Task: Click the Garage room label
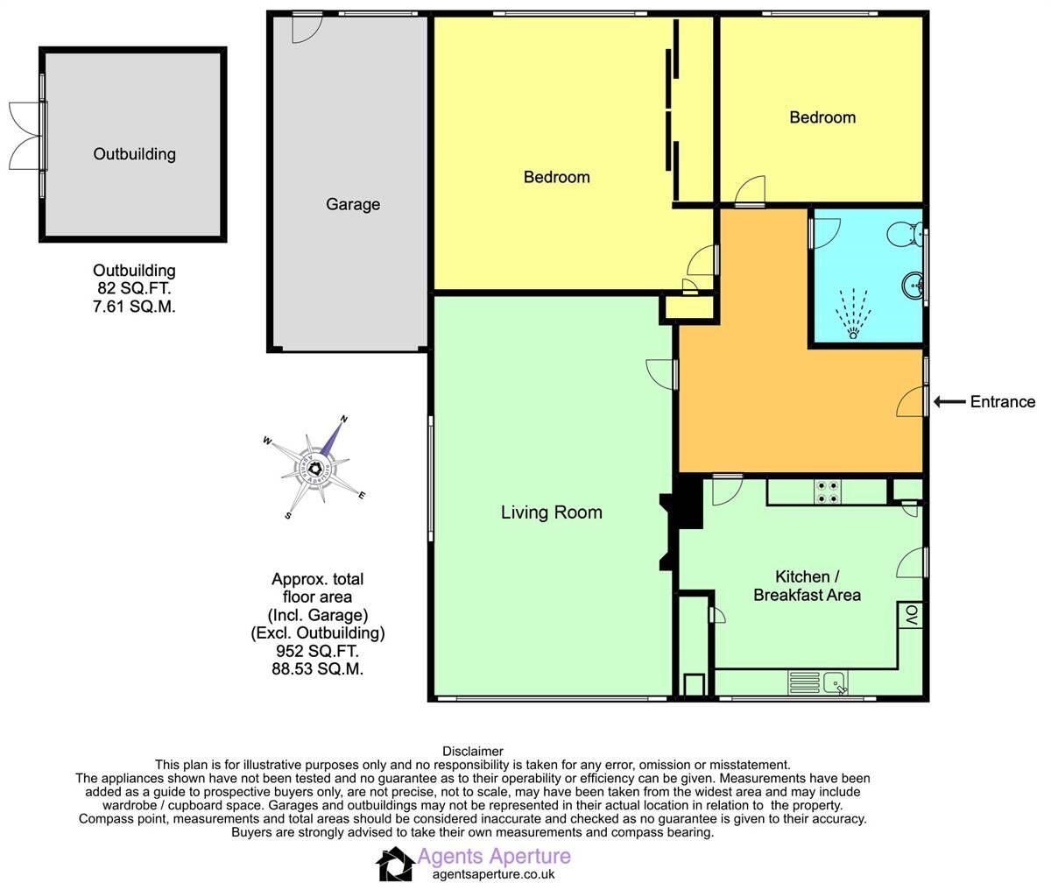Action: tap(353, 204)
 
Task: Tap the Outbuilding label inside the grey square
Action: tap(134, 154)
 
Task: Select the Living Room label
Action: tap(551, 512)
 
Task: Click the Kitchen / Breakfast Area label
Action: tap(807, 586)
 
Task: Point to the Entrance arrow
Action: tap(949, 402)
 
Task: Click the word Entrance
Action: tap(1002, 402)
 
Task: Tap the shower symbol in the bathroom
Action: tap(852, 313)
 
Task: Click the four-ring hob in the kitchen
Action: tap(827, 492)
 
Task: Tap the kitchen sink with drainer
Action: tap(817, 682)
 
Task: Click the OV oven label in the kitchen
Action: tap(910, 616)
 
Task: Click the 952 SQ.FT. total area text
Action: tap(317, 652)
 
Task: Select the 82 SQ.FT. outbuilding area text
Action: tap(134, 288)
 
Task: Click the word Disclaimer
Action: tap(473, 751)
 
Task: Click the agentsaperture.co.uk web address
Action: tap(494, 873)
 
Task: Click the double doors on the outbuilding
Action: tap(26, 135)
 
